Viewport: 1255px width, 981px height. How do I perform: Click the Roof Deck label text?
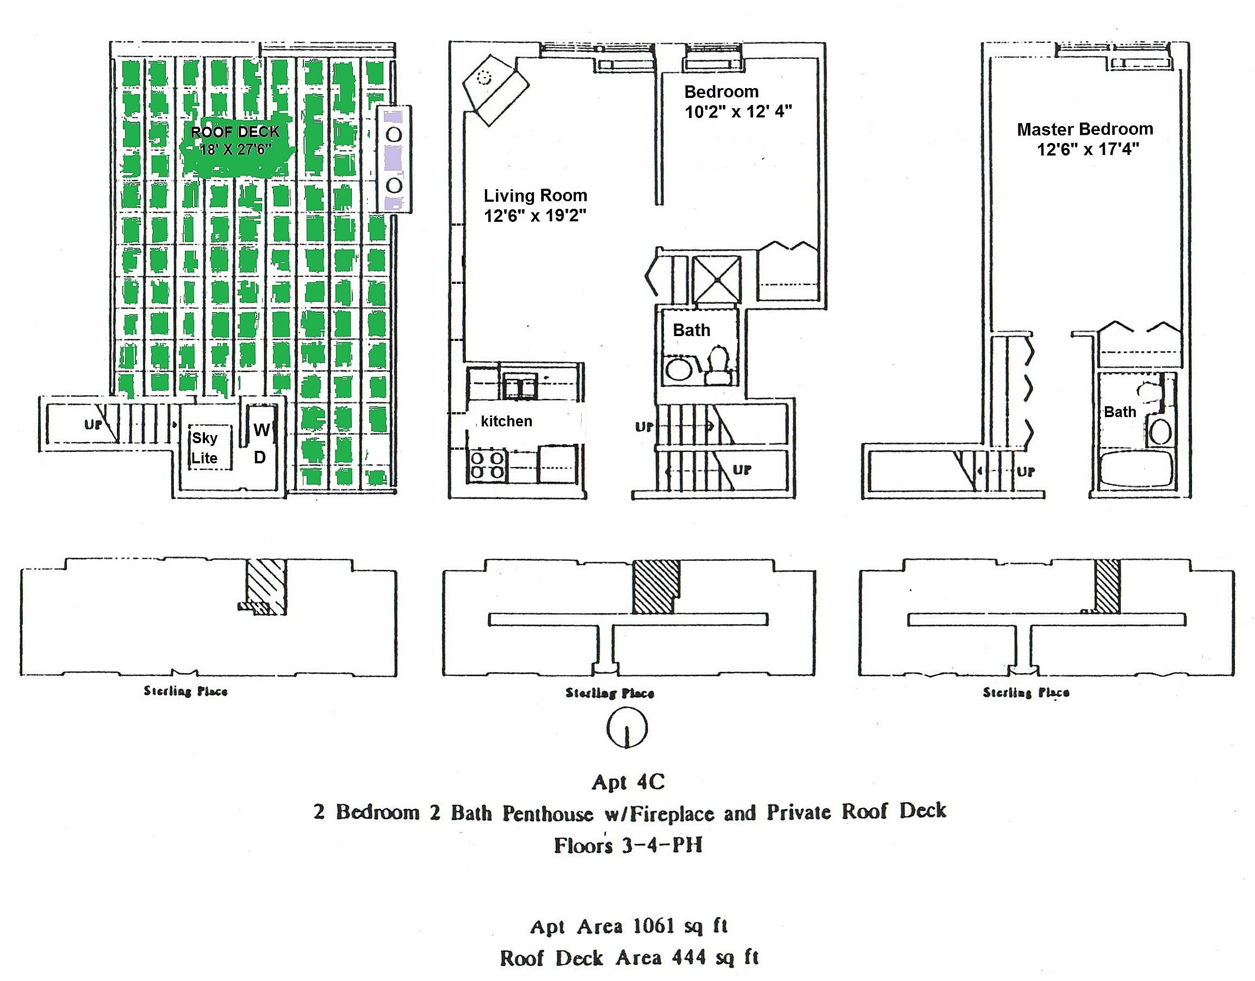235,132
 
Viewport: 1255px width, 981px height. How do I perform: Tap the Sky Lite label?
204,448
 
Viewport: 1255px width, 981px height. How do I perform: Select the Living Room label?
535,196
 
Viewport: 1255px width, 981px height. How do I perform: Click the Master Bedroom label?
1085,129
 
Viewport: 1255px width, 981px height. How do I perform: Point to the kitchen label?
506,421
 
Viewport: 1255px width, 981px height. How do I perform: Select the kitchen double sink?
520,386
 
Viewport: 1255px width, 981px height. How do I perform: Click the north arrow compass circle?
627,728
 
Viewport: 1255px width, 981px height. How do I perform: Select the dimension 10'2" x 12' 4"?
738,111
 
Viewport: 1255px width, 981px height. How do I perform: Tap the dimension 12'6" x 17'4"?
1088,150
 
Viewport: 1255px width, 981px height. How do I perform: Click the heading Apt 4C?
628,781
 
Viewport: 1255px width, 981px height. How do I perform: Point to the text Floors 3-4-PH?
628,846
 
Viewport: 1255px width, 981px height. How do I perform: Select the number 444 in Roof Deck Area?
689,958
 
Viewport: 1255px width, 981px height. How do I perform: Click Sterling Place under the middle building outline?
610,693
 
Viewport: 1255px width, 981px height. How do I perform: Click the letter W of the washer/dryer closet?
262,430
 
